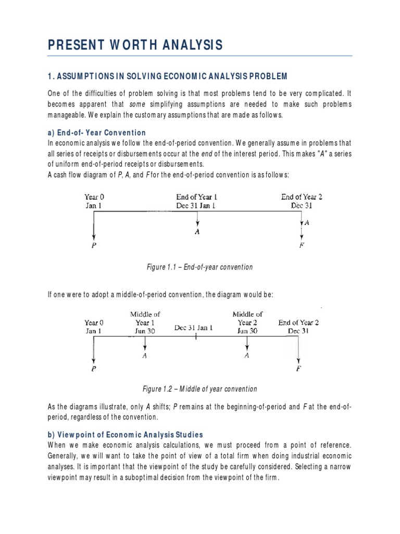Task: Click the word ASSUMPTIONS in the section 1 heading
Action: coord(84,76)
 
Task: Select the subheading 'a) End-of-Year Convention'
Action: coord(97,132)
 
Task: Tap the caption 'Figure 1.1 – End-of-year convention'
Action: coord(200,267)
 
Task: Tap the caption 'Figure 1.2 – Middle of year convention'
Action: coord(200,389)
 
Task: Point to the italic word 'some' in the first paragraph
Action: coord(136,104)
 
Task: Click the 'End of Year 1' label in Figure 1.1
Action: coord(197,197)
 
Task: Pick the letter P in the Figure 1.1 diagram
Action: coord(94,246)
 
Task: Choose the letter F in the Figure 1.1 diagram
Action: coord(302,246)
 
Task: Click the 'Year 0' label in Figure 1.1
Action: coord(94,197)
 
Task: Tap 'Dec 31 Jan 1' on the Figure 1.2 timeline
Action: coord(193,327)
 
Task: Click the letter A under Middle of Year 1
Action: coord(145,356)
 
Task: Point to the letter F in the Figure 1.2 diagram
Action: coord(299,368)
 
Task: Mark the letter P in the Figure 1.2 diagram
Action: coord(94,368)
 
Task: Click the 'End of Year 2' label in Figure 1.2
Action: coord(298,326)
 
